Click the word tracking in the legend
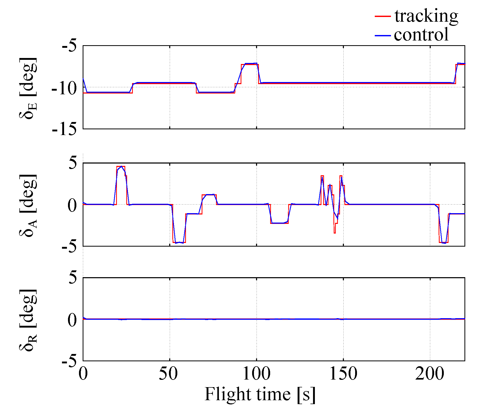[426, 16]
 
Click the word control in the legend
[421, 35]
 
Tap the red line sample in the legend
[383, 16]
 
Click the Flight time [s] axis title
[260, 394]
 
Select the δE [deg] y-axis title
[28, 88]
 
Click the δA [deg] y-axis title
[28, 205]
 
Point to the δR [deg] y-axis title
[28, 320]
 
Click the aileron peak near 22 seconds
[121, 166]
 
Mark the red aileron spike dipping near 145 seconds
[335, 232]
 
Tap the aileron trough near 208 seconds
[444, 243]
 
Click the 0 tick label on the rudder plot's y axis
[72, 320]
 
